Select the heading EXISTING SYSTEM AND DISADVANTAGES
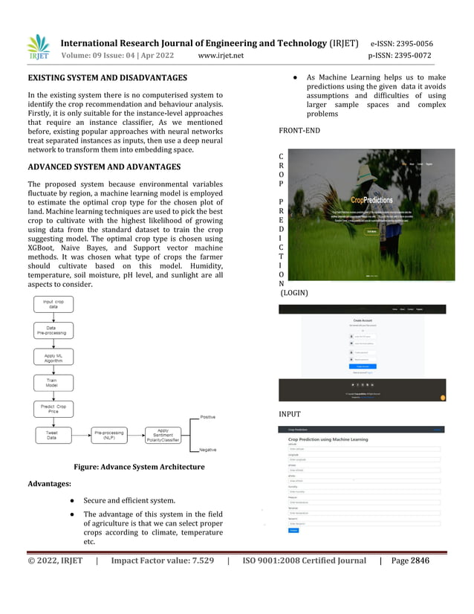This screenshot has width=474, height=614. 107,77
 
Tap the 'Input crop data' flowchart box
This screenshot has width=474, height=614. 53,305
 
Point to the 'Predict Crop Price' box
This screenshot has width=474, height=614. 53,409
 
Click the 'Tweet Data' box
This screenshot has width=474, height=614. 53,435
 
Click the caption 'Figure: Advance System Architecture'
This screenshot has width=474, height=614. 138,467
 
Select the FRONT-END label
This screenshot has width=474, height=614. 299,130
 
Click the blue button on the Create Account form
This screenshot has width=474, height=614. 362,366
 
